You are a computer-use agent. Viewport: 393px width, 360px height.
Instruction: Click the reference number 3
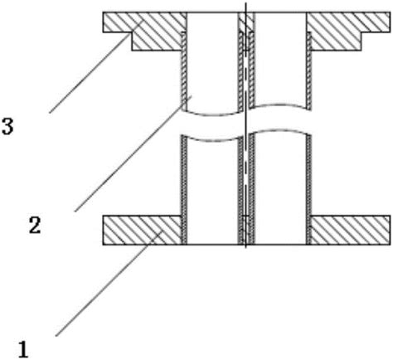[7, 126]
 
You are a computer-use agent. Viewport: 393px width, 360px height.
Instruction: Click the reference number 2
[35, 225]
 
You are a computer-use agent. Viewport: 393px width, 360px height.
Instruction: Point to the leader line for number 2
[133, 153]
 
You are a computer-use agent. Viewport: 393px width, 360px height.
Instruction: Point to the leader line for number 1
[109, 283]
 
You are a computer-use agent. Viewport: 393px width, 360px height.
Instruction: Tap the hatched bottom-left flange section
[142, 230]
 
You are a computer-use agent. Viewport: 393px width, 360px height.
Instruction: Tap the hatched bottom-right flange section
[351, 230]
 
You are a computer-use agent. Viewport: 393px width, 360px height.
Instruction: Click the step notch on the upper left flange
[132, 32]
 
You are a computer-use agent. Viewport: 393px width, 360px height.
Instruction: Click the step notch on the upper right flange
[361, 32]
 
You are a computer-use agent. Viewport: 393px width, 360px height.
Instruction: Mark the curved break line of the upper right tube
[279, 105]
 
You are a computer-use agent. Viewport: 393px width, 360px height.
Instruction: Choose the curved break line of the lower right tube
[279, 130]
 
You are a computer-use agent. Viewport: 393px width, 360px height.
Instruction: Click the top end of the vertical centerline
[245, 2]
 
